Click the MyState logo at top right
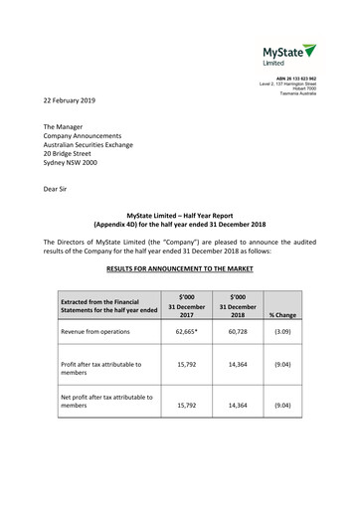(288, 54)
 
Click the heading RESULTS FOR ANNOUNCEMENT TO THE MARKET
(180, 268)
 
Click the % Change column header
(281, 315)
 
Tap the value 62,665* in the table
(186, 332)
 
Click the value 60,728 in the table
(237, 332)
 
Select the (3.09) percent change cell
(281, 332)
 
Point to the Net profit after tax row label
(106, 401)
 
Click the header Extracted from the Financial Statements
(108, 305)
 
